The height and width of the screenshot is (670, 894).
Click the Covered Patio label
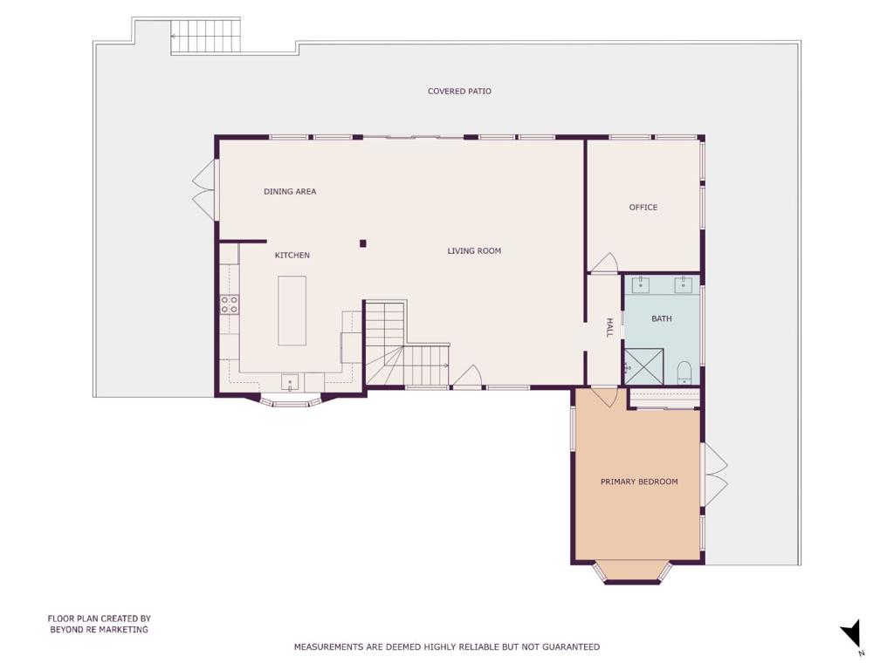coord(459,91)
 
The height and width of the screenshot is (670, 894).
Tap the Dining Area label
coord(290,191)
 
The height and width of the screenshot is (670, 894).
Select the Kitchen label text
coord(292,256)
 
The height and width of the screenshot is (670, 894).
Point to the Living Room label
coord(474,250)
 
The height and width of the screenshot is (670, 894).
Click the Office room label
coord(643,208)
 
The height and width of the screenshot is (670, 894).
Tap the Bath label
coord(662,318)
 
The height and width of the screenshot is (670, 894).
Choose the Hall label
coord(609,328)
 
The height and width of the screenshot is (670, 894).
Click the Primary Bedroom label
coord(639,482)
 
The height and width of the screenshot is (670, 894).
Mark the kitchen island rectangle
coord(292,311)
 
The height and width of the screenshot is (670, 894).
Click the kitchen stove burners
coord(230,304)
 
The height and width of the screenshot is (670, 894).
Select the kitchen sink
coord(290,382)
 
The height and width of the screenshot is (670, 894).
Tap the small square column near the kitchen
coord(362,244)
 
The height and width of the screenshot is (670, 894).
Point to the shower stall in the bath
coord(644,367)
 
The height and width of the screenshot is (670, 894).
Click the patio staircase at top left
coord(205,36)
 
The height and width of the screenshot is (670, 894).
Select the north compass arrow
coord(852,634)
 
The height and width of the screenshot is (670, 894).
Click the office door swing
coord(604,263)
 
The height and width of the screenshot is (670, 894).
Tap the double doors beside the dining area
coord(204,189)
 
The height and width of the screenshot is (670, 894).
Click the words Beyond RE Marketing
coord(100,630)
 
